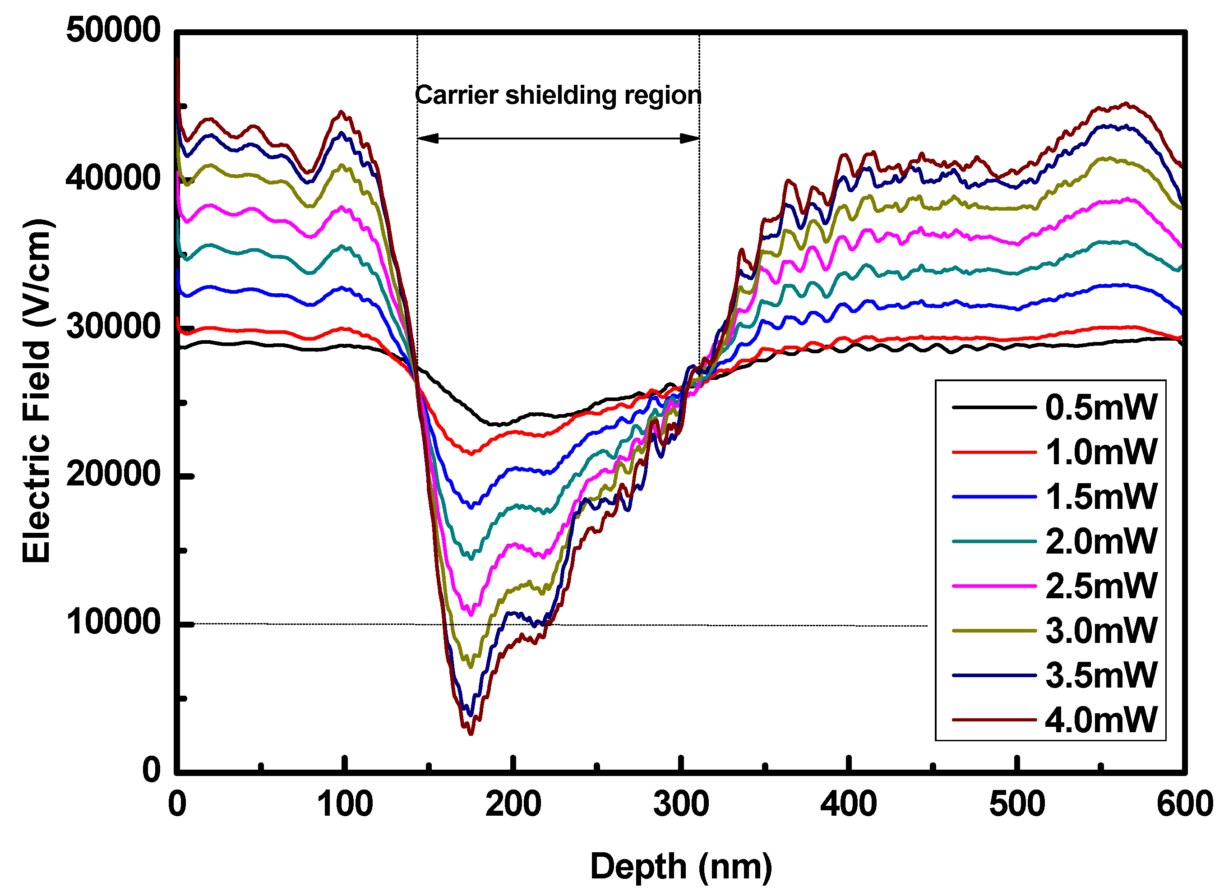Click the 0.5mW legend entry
point(1100,407)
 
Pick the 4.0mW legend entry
point(1100,720)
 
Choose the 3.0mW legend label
point(1100,631)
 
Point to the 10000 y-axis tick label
point(113,622)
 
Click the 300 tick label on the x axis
point(681,804)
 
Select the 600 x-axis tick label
point(1184,804)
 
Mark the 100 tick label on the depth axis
point(345,804)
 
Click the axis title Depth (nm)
point(681,867)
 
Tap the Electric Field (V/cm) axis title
point(37,391)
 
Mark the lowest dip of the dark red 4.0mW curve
point(470,733)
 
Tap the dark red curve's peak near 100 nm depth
point(341,112)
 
